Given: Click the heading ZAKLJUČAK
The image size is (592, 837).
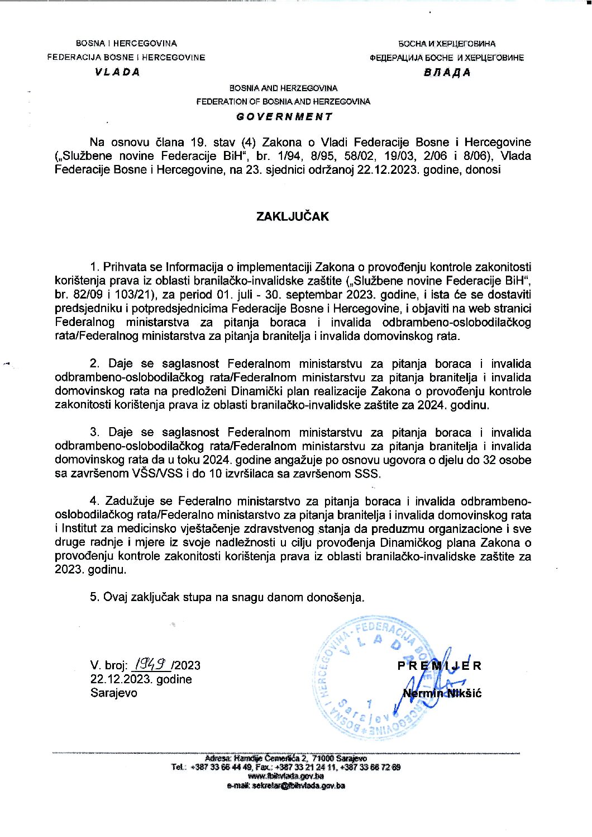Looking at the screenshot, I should coord(292,216).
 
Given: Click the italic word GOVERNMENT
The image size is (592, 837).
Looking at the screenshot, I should coord(284,117).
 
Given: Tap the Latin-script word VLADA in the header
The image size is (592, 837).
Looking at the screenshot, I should coord(118,72).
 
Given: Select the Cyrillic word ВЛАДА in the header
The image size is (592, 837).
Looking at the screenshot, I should coord(447,73).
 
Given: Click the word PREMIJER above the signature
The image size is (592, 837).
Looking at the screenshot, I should coord(440,666).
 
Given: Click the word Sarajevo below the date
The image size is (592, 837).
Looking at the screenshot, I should coord(113,693).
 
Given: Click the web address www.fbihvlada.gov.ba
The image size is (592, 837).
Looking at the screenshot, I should coord(286,776).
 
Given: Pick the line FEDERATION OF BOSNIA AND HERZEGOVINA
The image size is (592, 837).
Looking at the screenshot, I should coord(283,102).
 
